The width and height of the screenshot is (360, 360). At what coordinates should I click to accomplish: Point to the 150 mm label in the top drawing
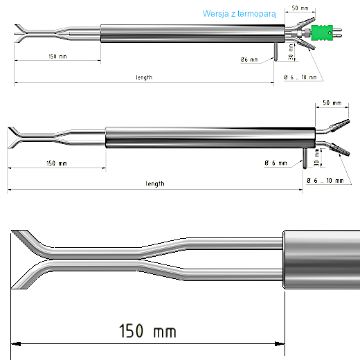coord(57,57)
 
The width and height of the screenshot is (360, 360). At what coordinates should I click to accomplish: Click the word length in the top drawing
coord(144,78)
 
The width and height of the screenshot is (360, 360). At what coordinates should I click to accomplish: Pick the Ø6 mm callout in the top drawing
coord(249,60)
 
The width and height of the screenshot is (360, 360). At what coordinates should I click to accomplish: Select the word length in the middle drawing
coord(155,184)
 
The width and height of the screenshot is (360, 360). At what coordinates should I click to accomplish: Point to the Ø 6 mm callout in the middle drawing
coord(275,163)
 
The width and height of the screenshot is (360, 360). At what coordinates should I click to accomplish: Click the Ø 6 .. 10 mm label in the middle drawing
coord(325,180)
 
